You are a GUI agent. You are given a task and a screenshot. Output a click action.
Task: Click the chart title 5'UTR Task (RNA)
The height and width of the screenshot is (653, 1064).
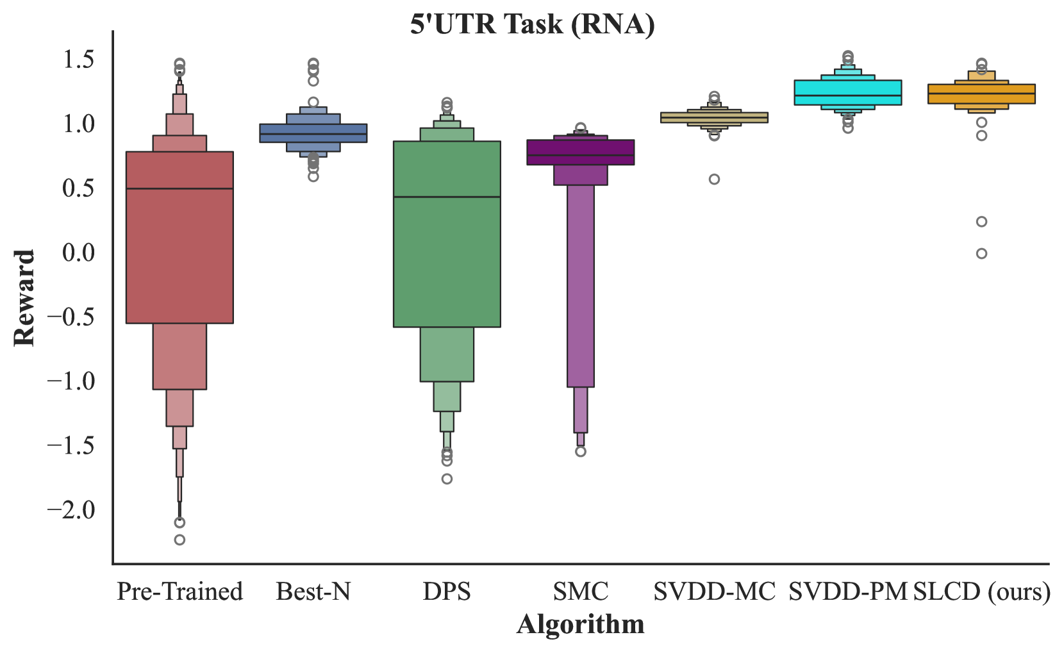tap(532, 25)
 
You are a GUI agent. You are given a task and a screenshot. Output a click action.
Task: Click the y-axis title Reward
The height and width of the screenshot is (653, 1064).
tap(24, 298)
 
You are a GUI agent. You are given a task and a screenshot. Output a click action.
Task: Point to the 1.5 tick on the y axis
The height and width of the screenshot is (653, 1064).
tap(79, 60)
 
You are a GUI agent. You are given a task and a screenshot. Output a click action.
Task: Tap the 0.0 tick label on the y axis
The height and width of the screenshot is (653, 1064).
tap(79, 252)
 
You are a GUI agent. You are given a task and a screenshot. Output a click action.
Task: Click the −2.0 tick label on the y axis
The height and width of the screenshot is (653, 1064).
tap(71, 510)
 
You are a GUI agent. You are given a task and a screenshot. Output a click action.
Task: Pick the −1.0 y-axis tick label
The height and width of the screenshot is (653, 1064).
tap(71, 381)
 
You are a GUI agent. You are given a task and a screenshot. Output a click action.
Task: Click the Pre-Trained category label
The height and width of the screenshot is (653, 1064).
tap(179, 591)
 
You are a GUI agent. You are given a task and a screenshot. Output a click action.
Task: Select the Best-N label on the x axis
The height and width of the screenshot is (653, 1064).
tap(313, 591)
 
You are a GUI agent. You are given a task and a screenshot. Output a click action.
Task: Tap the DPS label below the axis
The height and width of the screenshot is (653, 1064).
tap(447, 591)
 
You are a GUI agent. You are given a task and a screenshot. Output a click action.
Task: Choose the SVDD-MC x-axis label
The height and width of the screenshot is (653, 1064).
tap(714, 591)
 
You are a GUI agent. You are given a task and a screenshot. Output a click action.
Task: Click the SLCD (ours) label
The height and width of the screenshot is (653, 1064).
tap(982, 591)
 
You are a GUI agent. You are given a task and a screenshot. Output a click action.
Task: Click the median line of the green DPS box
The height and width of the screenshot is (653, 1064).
tap(447, 197)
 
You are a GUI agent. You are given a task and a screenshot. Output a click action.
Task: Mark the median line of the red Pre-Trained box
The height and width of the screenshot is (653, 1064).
tap(179, 188)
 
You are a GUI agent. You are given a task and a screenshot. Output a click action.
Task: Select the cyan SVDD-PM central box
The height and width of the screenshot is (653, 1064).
tap(847, 92)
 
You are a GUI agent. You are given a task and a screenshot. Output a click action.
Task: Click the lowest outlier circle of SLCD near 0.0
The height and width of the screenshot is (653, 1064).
tap(981, 254)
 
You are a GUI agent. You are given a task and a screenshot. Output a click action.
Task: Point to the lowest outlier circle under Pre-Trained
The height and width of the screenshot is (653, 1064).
tap(179, 540)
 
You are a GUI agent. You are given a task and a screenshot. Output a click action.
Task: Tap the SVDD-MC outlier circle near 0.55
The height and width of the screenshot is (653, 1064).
tap(714, 179)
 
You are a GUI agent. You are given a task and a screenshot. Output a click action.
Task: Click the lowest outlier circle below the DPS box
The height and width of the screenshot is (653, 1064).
tap(447, 479)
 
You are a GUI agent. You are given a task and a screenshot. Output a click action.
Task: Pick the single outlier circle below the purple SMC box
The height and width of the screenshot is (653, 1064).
tap(581, 452)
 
